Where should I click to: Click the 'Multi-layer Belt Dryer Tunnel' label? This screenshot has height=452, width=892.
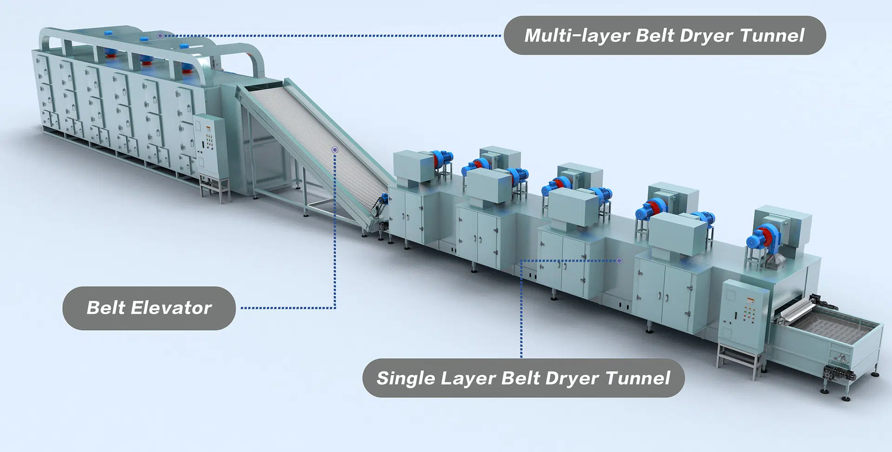pos(664,35)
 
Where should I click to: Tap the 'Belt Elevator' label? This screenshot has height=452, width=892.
pos(149,308)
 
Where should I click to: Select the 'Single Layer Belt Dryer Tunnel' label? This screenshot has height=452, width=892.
pos(524,378)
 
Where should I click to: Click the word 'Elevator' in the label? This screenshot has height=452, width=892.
pos(171,308)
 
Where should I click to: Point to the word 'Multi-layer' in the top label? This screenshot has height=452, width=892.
pos(577,36)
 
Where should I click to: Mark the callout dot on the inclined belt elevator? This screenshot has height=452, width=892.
pos(334,150)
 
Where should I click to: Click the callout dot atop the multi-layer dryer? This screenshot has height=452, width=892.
pos(160,35)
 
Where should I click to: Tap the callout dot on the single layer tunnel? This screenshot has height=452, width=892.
pos(619,261)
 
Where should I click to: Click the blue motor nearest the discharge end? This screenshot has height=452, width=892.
pos(761,237)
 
